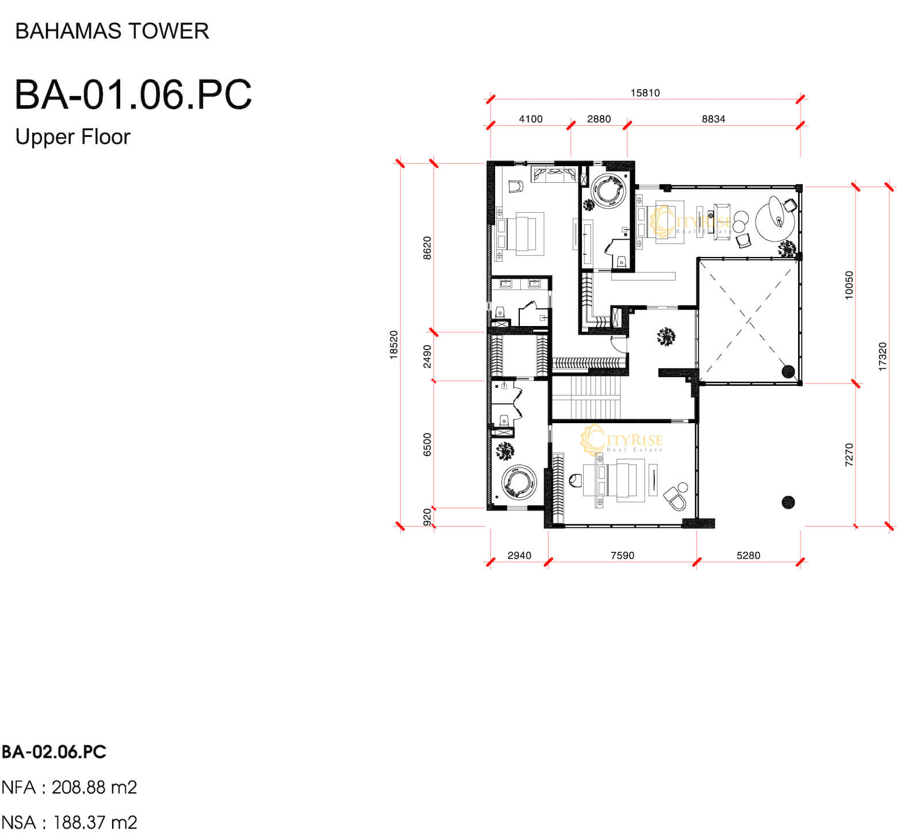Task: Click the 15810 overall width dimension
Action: point(645,93)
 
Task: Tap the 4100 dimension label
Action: point(531,119)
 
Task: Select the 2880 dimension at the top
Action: point(599,119)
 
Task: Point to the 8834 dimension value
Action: point(713,119)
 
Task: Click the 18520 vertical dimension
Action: point(394,345)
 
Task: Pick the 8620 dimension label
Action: point(427,248)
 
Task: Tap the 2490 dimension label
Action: point(427,356)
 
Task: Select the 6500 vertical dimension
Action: point(427,444)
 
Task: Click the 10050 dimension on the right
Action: point(849,285)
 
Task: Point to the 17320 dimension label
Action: point(883,356)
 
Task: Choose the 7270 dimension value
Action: point(849,454)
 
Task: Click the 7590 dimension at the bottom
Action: point(622,555)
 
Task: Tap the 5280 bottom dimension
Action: point(748,555)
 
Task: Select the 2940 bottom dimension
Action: point(519,555)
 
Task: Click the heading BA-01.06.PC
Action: point(133,94)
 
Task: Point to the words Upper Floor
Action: point(73,137)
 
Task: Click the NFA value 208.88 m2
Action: point(94,787)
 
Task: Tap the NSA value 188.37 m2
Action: point(95,823)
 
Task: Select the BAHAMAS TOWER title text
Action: point(112,31)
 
